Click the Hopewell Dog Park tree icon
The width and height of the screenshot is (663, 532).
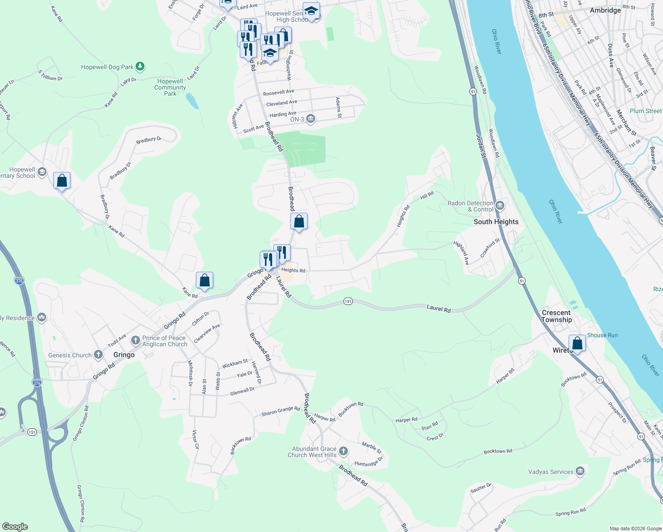click(x=140, y=66)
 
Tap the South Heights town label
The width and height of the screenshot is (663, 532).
click(x=496, y=222)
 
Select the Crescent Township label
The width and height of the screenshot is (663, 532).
click(x=557, y=316)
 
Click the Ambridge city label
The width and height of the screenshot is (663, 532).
click(x=605, y=10)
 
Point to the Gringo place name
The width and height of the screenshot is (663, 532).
click(x=124, y=355)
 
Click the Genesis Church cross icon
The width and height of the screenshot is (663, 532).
click(x=98, y=355)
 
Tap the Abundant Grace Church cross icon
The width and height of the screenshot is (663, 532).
click(x=343, y=452)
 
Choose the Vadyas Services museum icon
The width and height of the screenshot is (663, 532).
click(x=580, y=471)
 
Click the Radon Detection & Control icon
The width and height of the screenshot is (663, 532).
click(x=500, y=205)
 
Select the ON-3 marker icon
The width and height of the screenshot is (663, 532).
click(x=310, y=118)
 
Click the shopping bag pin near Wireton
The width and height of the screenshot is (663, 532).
click(x=577, y=343)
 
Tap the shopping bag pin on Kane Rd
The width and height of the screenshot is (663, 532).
click(x=204, y=281)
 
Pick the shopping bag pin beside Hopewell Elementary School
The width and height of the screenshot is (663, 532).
click(x=62, y=180)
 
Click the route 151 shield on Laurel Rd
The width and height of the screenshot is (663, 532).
click(x=348, y=301)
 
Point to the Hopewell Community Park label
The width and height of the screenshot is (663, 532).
click(x=170, y=87)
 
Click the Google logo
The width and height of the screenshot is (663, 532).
click(x=15, y=526)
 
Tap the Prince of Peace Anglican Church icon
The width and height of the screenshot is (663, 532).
click(x=135, y=340)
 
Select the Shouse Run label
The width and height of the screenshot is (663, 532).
click(x=602, y=335)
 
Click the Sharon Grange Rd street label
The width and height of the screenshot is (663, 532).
click(x=281, y=411)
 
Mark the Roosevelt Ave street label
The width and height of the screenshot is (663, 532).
click(x=278, y=92)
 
